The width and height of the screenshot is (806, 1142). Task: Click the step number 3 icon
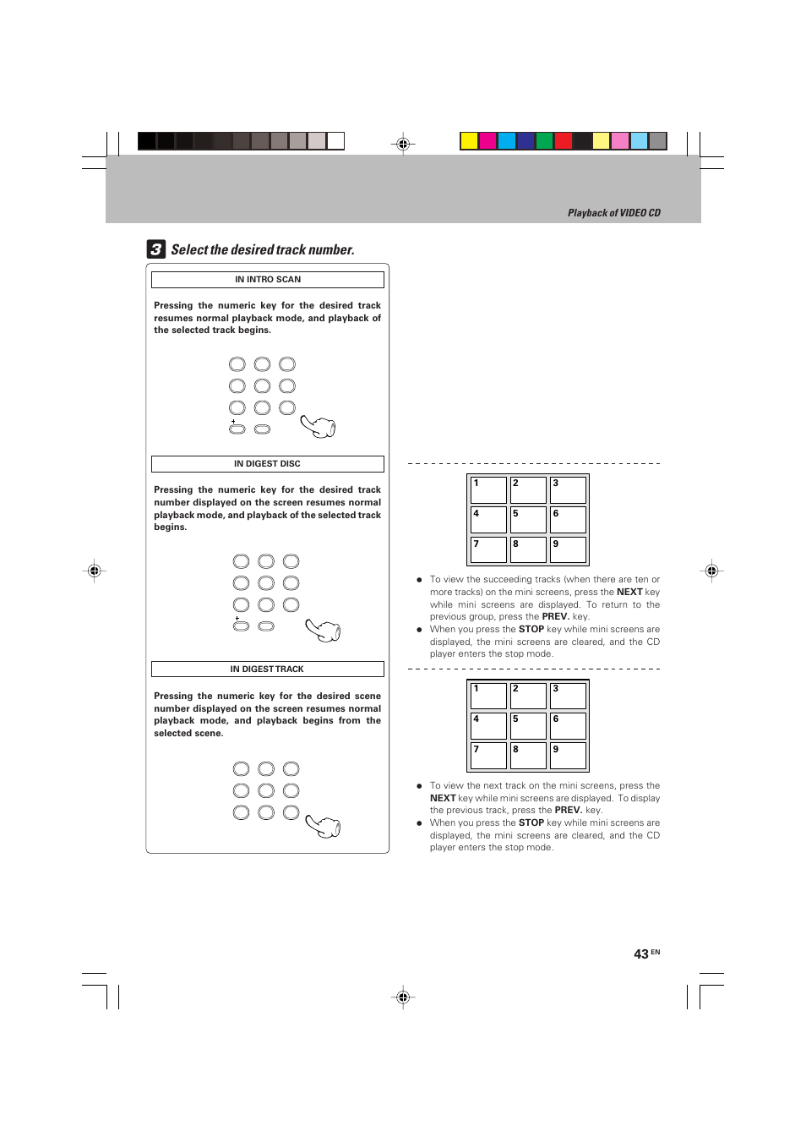tap(155, 249)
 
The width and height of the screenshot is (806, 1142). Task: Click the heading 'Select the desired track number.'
tap(263, 250)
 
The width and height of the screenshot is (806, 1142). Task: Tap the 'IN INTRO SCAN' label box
tap(267, 280)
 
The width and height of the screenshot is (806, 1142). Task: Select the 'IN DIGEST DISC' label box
tap(267, 464)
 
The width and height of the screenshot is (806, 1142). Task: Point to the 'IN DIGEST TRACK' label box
tap(267, 669)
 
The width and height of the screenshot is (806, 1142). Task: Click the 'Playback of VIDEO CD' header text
tap(613, 213)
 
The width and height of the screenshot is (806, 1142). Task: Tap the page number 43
tap(641, 953)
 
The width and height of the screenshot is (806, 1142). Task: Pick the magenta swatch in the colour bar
tap(487, 141)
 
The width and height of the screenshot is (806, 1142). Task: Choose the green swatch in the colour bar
tap(544, 141)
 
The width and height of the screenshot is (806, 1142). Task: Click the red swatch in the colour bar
tap(563, 141)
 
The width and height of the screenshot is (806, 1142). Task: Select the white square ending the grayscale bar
tap(335, 141)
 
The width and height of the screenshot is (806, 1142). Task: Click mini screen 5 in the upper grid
tap(528, 519)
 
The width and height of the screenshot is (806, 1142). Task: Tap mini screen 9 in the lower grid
tap(568, 755)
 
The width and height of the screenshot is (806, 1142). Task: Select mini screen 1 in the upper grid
tap(488, 489)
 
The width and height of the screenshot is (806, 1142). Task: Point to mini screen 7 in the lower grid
tap(488, 755)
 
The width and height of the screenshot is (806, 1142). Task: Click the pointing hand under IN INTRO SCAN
tap(319, 427)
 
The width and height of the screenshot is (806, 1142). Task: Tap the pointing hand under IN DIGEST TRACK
tap(324, 826)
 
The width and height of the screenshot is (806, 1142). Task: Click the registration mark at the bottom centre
tap(403, 997)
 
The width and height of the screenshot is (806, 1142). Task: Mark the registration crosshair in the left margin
tap(95, 571)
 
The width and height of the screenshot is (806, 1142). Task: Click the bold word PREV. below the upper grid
tap(555, 617)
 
